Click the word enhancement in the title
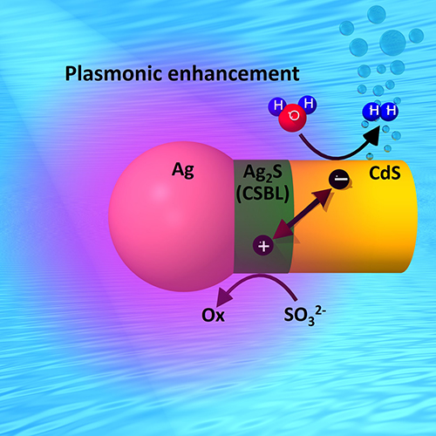[x=234, y=73]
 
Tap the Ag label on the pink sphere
[x=183, y=170]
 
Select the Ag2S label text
[x=262, y=173]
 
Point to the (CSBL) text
[x=262, y=193]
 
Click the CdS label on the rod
[x=385, y=173]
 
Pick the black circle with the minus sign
[x=339, y=179]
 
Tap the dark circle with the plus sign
[x=263, y=246]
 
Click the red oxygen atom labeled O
[x=292, y=117]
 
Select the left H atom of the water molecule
[x=277, y=106]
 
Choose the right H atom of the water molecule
[x=308, y=104]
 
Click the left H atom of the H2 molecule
[x=372, y=112]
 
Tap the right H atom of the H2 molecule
[x=390, y=111]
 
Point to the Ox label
[x=213, y=315]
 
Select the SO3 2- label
[x=304, y=316]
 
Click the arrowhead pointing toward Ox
[x=225, y=296]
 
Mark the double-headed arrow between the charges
[x=303, y=214]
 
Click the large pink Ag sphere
[x=172, y=216]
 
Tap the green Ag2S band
[x=263, y=216]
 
